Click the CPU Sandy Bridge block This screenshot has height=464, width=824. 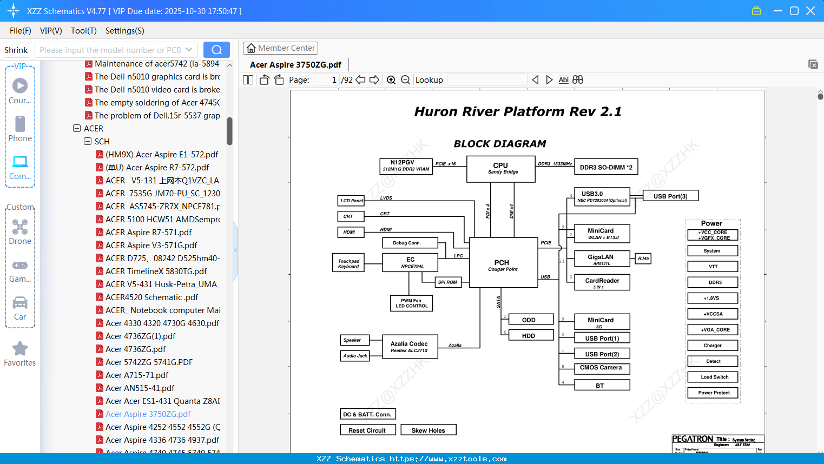point(500,169)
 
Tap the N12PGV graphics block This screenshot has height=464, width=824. point(406,165)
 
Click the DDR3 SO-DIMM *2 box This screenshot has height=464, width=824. point(605,167)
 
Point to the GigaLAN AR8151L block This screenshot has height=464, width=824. point(601,260)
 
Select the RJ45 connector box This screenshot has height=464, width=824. point(643,258)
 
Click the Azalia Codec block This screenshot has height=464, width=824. point(409,347)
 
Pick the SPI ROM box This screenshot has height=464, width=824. point(447,282)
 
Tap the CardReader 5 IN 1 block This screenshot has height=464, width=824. point(602,283)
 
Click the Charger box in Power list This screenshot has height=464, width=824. point(712,345)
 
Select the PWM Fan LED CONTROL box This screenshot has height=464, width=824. point(411,303)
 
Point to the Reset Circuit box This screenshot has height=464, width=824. point(367,430)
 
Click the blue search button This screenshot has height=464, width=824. point(216,50)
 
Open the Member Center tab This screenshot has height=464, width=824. point(280,48)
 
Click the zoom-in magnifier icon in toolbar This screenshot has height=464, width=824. point(391,80)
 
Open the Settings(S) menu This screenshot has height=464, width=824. point(124,31)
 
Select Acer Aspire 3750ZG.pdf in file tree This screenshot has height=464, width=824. point(148,414)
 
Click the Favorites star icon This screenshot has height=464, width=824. point(20,349)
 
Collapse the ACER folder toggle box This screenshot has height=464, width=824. point(77,129)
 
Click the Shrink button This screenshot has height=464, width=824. point(16,50)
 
